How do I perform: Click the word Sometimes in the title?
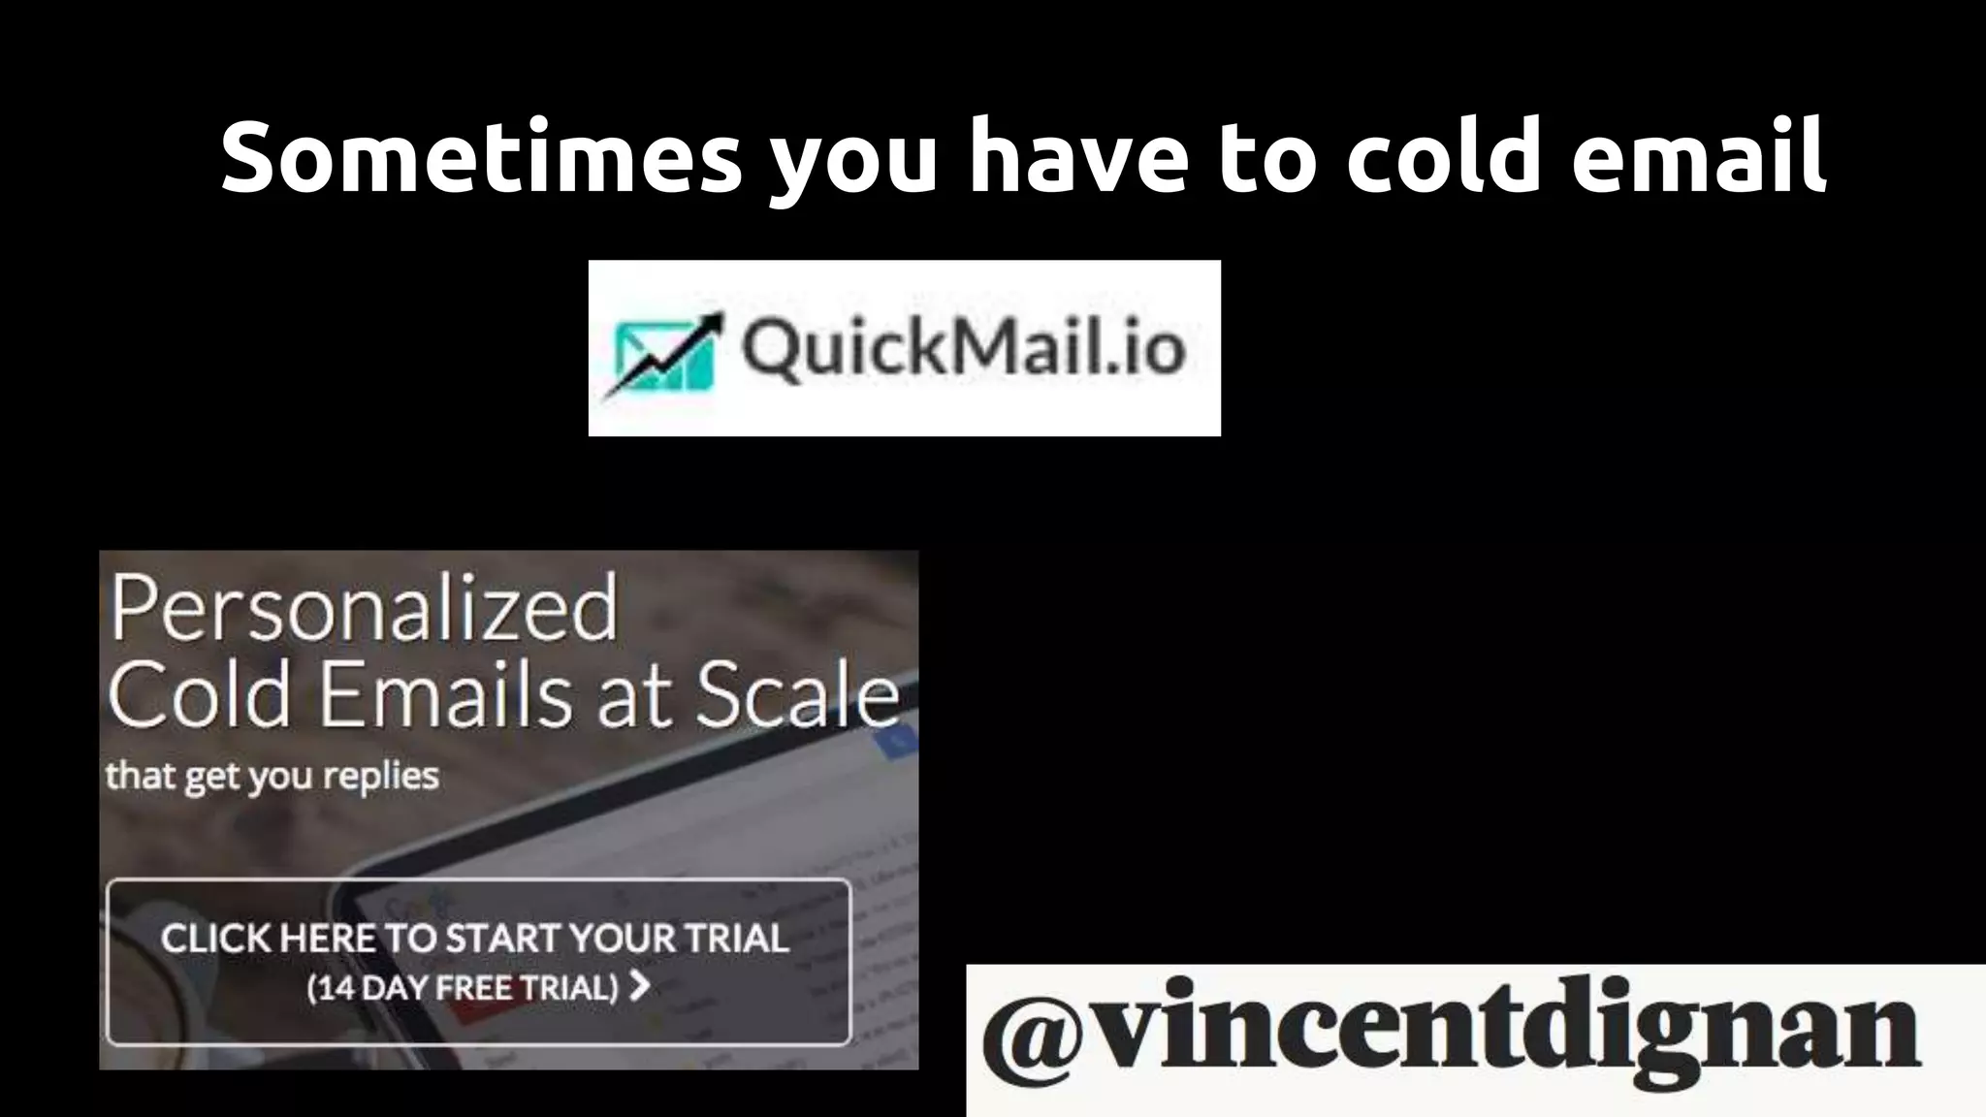(x=481, y=155)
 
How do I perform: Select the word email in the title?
(x=1699, y=155)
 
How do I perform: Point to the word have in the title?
(x=1078, y=155)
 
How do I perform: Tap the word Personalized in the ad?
(x=364, y=609)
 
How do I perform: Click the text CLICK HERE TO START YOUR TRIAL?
(x=475, y=939)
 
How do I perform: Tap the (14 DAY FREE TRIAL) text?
(x=463, y=988)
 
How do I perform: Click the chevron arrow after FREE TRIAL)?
(x=639, y=987)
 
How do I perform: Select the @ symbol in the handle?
(x=1032, y=1036)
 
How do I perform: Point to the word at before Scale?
(x=635, y=696)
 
